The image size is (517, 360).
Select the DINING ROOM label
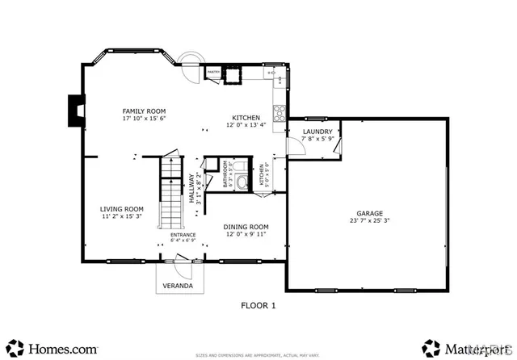246,227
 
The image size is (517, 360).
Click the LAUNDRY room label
317,132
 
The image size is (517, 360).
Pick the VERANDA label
178,286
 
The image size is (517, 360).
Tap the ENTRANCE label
183,235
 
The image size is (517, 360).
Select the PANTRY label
213,72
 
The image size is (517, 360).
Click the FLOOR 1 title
258,305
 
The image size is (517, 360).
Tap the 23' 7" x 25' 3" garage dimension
368,220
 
